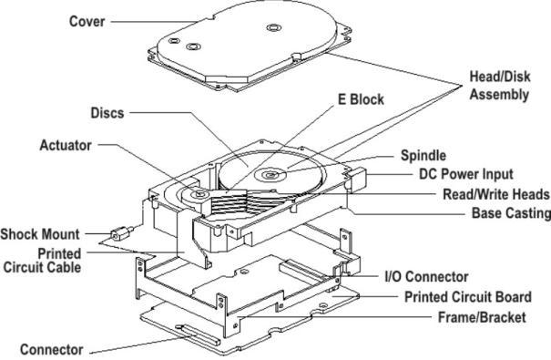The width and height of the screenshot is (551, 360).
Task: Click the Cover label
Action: tap(87, 22)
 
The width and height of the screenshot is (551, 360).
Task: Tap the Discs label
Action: tap(107, 113)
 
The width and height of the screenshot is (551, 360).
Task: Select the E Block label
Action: tap(361, 99)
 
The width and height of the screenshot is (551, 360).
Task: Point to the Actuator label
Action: tap(66, 145)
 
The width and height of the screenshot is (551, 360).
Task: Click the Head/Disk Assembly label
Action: tap(500, 86)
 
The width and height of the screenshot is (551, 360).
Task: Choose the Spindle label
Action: tap(423, 155)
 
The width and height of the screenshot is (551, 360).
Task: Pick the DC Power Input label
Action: tap(466, 174)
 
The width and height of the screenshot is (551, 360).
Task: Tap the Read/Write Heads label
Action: tap(495, 194)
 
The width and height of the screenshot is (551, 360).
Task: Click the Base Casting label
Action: tap(511, 213)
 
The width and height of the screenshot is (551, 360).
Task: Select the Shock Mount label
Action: tap(40, 234)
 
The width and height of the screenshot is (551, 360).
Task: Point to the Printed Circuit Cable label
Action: tap(43, 261)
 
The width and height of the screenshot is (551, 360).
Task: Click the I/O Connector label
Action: tap(426, 277)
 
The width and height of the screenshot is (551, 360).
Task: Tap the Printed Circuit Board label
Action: tap(468, 297)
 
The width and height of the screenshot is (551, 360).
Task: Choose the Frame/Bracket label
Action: tap(482, 317)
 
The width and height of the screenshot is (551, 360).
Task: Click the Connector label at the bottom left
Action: tap(51, 349)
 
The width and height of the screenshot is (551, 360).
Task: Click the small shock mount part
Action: tap(122, 233)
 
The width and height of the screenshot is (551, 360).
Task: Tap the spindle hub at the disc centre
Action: tap(270, 174)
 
